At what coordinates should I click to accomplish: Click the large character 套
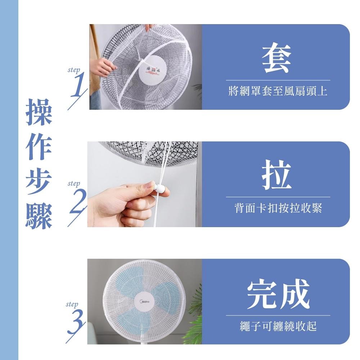point(276,60)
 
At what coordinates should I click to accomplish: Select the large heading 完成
point(278,294)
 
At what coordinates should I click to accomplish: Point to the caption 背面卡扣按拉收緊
point(278,208)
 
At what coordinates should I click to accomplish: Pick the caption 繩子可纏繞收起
point(278,327)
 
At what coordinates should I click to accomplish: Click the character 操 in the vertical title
point(39,112)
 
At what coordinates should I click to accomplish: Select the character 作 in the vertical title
point(39,148)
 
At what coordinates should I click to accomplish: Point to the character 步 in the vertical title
point(39,182)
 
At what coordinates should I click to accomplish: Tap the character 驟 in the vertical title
point(39,216)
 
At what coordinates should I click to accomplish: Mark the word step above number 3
point(72,305)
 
